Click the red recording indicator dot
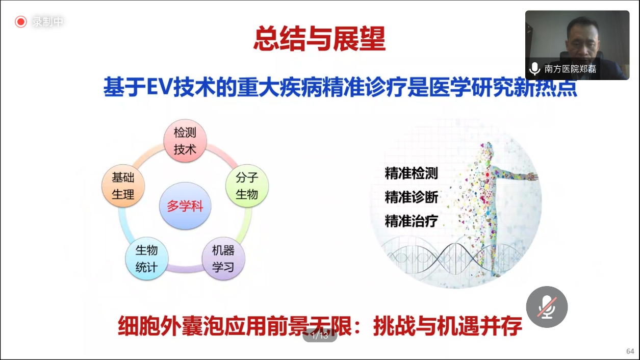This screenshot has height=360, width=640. pyautogui.click(x=21, y=22)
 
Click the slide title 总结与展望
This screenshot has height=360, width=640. pyautogui.click(x=320, y=39)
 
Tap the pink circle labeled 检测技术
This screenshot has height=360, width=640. pyautogui.click(x=185, y=141)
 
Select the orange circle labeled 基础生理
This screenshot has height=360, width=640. pyautogui.click(x=123, y=186)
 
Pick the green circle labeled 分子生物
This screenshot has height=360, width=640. pyautogui.click(x=247, y=186)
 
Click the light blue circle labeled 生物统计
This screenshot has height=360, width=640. pyautogui.click(x=147, y=259)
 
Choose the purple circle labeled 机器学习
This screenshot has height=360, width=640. pyautogui.click(x=223, y=259)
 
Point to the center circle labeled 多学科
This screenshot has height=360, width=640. pyautogui.click(x=185, y=205)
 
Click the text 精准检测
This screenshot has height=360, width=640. pyautogui.click(x=412, y=173)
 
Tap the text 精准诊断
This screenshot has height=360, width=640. pyautogui.click(x=412, y=197)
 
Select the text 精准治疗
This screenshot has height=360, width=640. pyautogui.click(x=412, y=221)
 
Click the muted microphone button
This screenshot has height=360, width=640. pyautogui.click(x=547, y=307)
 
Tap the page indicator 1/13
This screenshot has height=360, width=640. pyautogui.click(x=320, y=336)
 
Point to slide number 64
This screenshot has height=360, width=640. pyautogui.click(x=630, y=351)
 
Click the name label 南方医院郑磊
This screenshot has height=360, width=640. pyautogui.click(x=570, y=69)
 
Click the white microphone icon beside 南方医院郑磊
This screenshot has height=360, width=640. pyautogui.click(x=534, y=69)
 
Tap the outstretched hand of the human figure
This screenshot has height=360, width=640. pyautogui.click(x=532, y=176)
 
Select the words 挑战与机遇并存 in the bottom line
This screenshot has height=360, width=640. pyautogui.click(x=448, y=326)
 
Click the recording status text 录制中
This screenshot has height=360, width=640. pyautogui.click(x=48, y=22)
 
